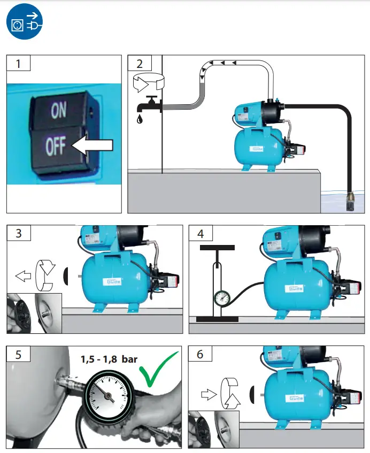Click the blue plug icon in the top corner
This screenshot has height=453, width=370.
point(24,24)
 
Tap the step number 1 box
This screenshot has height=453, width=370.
point(19,64)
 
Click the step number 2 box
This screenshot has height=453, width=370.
point(140,64)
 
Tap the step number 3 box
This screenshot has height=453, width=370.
point(19,234)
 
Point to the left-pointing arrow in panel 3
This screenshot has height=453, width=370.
point(22,276)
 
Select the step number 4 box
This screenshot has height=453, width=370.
point(201,234)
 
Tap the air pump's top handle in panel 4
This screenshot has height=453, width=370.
point(217,248)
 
